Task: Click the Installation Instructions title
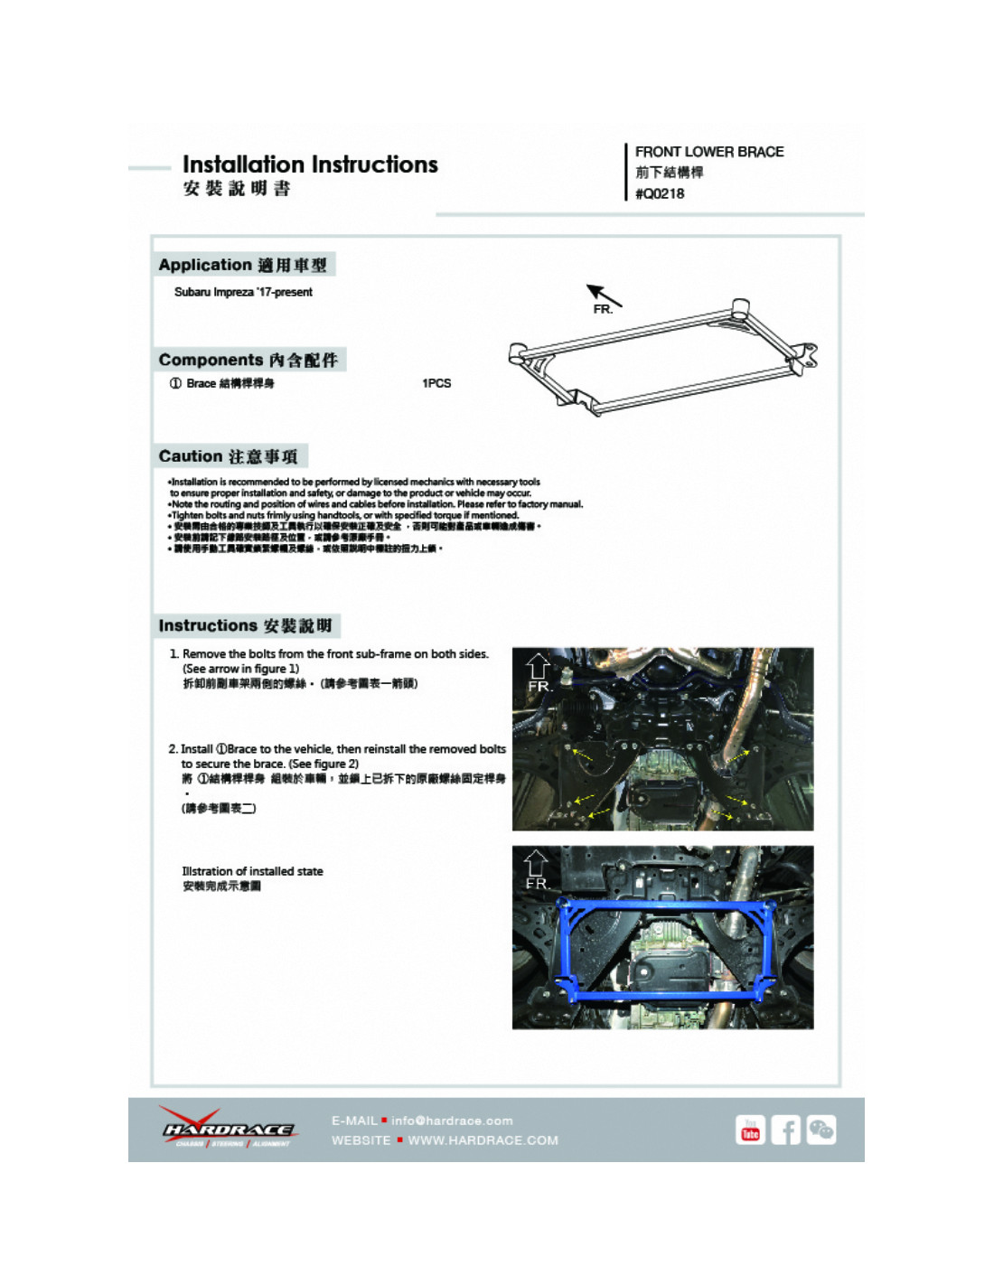click(310, 164)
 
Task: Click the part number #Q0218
click(660, 193)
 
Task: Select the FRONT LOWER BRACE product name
click(709, 152)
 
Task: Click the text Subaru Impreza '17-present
click(243, 292)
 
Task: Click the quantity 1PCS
click(436, 383)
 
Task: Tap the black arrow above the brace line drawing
click(604, 295)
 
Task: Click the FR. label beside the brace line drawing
click(603, 310)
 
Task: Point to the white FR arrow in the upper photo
click(538, 667)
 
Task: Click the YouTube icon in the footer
click(750, 1130)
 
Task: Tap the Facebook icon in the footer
click(785, 1130)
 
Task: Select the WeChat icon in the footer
click(821, 1130)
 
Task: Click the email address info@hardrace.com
click(452, 1121)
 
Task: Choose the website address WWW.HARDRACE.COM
click(483, 1140)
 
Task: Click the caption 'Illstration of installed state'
click(252, 871)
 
